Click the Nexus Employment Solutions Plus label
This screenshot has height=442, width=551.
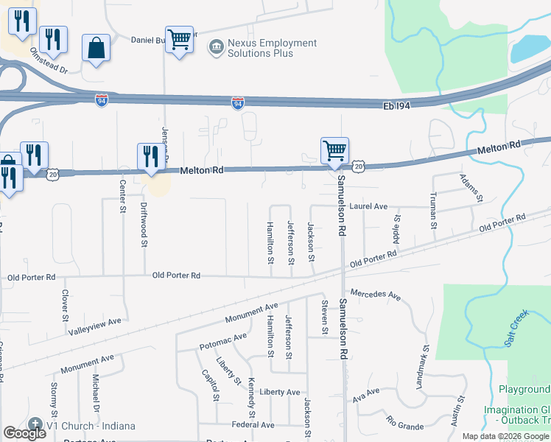click(x=272, y=48)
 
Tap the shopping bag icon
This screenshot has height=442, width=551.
click(x=96, y=49)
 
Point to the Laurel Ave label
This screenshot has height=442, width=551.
click(x=368, y=207)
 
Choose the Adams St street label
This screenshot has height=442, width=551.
click(x=470, y=188)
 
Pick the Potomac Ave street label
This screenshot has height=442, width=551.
click(x=222, y=341)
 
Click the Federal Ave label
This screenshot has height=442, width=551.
click(x=253, y=425)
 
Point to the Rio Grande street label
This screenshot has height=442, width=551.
click(x=404, y=423)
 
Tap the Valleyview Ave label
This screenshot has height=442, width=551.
click(x=94, y=323)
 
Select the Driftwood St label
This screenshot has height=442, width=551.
click(x=144, y=224)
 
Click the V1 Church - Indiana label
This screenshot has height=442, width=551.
click(x=81, y=426)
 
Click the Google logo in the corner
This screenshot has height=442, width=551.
click(x=24, y=433)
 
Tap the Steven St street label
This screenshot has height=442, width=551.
click(x=323, y=317)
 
